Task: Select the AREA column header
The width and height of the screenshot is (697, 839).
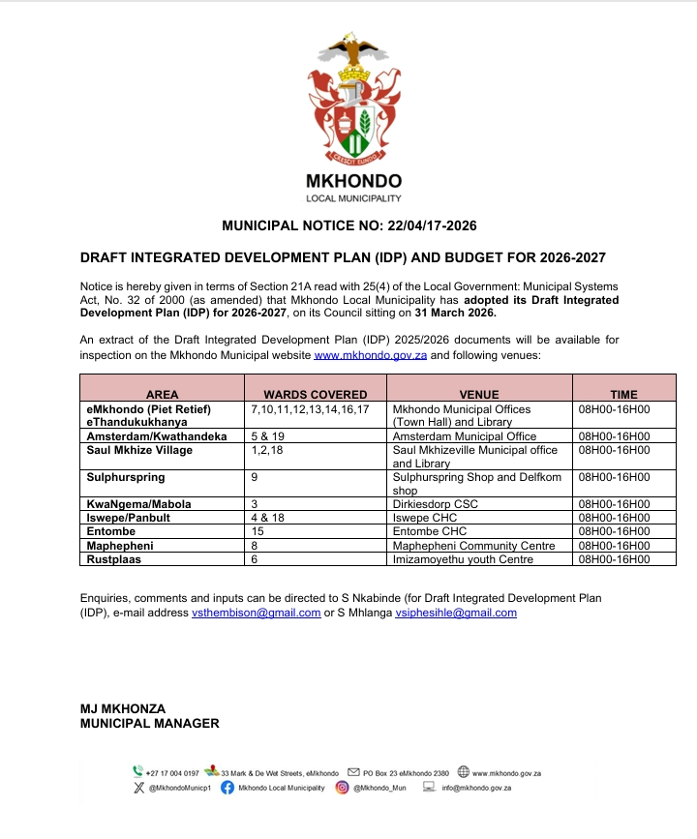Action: (162, 395)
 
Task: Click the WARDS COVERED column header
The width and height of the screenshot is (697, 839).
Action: (316, 395)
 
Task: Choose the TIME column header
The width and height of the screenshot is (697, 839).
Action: (623, 395)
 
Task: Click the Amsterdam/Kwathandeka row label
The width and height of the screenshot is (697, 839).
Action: (157, 436)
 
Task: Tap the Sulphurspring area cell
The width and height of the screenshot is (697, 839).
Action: (126, 477)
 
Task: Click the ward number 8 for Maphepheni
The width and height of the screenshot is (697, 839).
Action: (255, 545)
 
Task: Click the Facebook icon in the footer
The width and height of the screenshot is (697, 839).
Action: (227, 788)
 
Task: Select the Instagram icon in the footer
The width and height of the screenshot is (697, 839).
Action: (342, 788)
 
